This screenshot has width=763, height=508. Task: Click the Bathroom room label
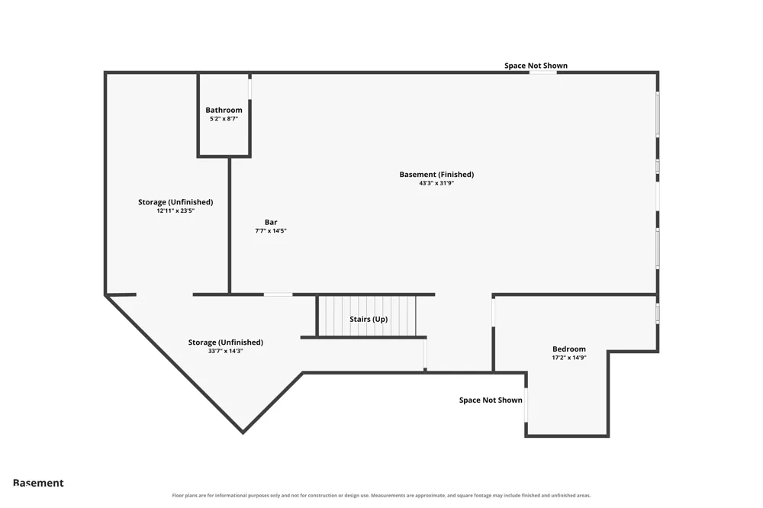[224, 110]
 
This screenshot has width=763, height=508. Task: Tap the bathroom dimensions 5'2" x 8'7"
[224, 119]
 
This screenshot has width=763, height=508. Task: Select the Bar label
[271, 222]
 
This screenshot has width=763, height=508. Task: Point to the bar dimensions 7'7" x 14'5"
[271, 230]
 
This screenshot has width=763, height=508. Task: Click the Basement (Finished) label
[436, 174]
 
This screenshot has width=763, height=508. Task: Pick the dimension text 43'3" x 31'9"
[436, 183]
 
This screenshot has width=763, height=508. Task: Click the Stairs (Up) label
[369, 319]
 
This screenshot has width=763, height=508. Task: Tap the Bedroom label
[569, 349]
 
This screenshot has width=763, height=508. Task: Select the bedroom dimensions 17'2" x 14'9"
[569, 358]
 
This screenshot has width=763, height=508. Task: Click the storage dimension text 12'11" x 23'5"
[175, 211]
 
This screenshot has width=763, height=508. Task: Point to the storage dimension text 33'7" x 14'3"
[226, 351]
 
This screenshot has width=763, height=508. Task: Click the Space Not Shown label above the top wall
[536, 66]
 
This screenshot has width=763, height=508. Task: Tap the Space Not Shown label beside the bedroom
[491, 400]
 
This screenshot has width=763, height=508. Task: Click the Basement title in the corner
[38, 483]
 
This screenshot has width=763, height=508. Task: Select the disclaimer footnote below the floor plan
[381, 495]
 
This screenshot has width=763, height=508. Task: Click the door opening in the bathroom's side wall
[250, 89]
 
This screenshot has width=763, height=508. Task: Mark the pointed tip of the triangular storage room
[243, 432]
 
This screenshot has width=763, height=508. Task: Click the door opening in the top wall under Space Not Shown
[543, 72]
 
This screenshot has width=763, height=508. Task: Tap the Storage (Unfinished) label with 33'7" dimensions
[226, 342]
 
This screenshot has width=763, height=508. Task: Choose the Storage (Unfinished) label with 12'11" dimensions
[175, 202]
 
